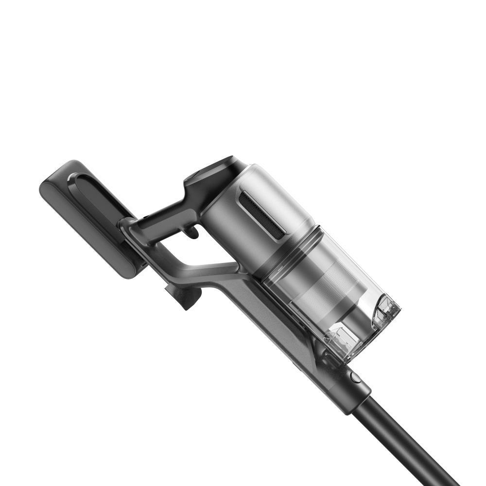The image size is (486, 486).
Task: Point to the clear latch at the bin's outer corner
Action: pyautogui.click(x=386, y=311)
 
